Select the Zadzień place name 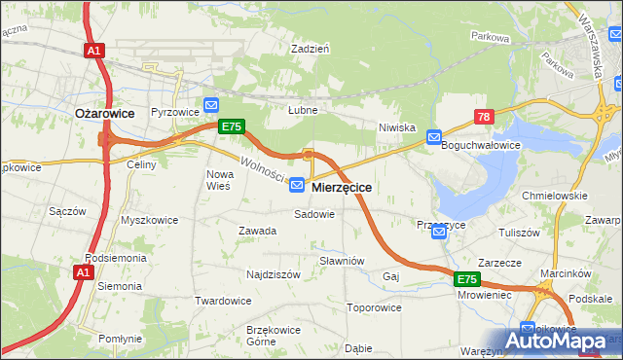[311, 48]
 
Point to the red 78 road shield [484, 116]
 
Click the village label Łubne [303, 110]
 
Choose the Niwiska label [397, 127]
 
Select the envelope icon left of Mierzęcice [298, 185]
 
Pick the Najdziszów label [273, 274]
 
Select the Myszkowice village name [149, 220]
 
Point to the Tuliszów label [519, 233]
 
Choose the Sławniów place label [342, 261]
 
